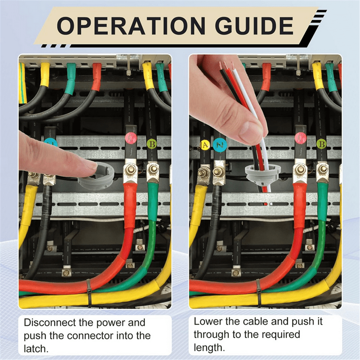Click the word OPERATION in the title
point(131,26)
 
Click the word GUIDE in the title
point(254,26)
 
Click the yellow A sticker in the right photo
point(205,145)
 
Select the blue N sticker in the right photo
point(220,145)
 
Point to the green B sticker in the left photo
point(152,144)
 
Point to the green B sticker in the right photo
point(322,144)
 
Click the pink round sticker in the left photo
point(131,138)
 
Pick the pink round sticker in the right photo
point(300,138)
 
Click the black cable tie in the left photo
point(89,293)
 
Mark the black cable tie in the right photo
point(258,293)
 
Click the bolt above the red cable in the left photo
point(130,170)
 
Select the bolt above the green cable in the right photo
point(323,169)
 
